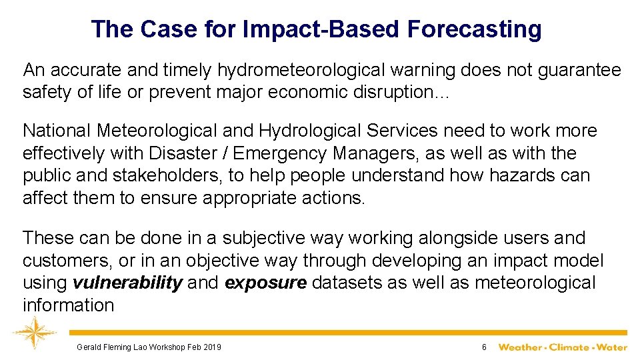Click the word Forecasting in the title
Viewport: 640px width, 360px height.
(x=474, y=29)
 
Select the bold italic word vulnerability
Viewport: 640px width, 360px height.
(x=127, y=283)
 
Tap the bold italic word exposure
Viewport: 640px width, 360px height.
(x=266, y=283)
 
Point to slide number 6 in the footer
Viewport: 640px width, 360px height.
(x=485, y=347)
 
